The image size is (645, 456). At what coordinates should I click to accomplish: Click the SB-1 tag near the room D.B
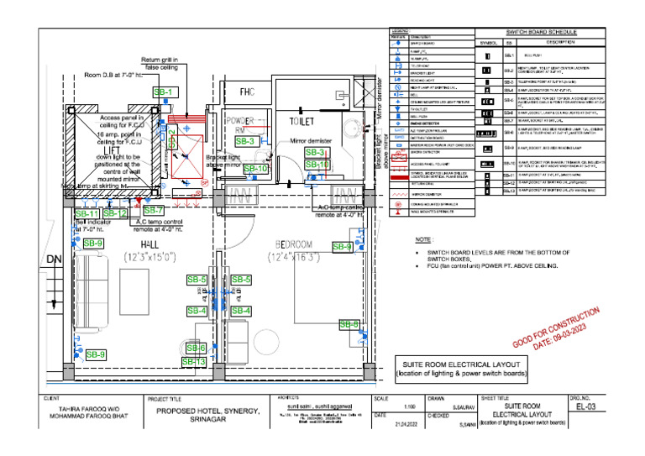click(x=165, y=92)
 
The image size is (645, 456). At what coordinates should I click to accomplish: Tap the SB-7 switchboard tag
click(x=153, y=210)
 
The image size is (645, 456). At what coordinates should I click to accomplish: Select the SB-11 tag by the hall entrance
click(x=87, y=214)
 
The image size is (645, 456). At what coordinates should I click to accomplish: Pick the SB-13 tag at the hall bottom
click(x=194, y=361)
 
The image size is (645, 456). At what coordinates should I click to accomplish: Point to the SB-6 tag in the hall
click(x=196, y=348)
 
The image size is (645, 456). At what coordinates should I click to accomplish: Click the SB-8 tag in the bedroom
click(x=349, y=324)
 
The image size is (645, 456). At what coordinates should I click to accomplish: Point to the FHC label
click(x=247, y=92)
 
